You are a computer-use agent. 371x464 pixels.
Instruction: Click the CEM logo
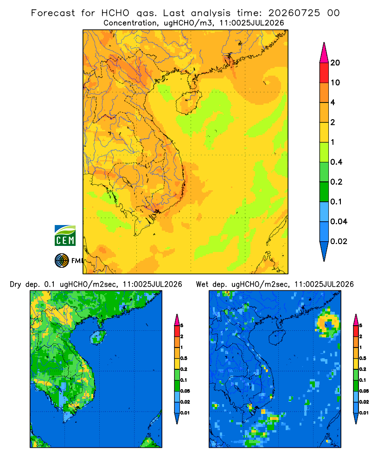point(65,236)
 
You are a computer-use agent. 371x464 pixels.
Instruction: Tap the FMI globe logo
point(62,260)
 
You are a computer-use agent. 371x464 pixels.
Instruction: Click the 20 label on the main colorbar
point(335,63)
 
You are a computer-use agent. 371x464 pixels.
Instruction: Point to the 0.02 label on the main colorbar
point(339,241)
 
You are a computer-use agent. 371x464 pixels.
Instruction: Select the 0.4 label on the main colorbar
point(336,162)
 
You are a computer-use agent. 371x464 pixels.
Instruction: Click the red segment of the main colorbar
point(324,73)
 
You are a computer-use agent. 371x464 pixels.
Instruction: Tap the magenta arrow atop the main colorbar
point(324,53)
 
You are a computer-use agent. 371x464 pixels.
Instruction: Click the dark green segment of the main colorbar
point(324,192)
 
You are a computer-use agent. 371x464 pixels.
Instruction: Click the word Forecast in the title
point(53,13)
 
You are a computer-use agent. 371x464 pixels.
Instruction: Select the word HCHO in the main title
point(115,13)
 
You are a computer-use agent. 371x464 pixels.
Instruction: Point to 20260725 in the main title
point(294,13)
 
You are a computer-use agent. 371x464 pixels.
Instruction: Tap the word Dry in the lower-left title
point(15,284)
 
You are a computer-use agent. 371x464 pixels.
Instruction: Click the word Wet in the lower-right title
point(202,284)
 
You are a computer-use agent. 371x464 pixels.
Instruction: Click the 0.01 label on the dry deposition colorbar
point(185,413)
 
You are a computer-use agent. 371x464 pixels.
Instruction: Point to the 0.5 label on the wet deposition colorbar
point(362,358)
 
